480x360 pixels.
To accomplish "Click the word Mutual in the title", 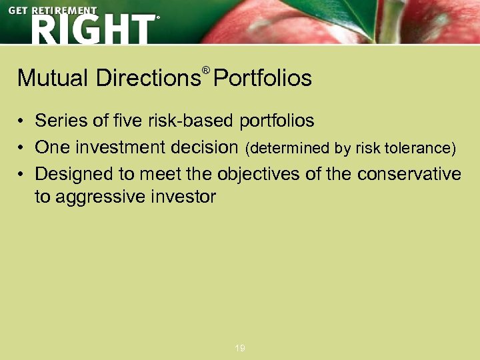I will [x=53, y=79].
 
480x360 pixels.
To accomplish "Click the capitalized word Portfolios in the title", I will [x=263, y=79].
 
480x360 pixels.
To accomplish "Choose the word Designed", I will [x=75, y=174].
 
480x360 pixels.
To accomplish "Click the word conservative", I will [x=409, y=174].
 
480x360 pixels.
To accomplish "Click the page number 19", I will [x=240, y=348].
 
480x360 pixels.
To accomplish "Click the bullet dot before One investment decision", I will [x=22, y=147].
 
